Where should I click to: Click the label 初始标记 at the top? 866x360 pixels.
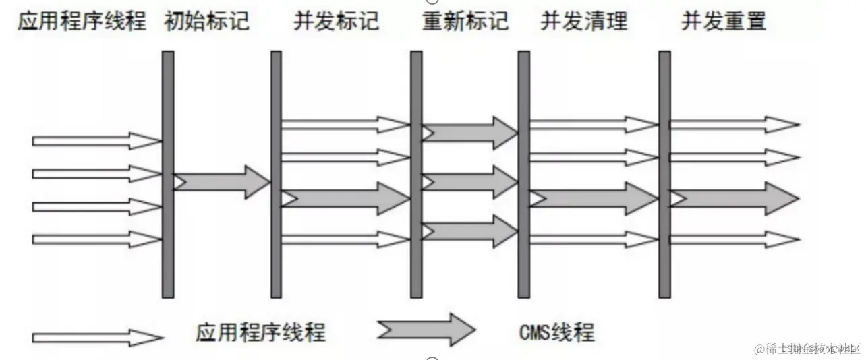(206, 22)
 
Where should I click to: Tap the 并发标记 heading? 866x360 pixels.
(335, 22)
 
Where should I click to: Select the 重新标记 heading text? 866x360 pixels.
(465, 22)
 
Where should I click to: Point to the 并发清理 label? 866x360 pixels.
(583, 22)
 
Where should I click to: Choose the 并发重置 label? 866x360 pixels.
(724, 22)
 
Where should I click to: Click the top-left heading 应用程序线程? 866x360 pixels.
(82, 22)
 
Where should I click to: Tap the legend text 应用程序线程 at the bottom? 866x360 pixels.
(260, 332)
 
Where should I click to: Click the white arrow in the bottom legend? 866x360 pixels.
(97, 337)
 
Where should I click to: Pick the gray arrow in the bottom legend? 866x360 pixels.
(426, 330)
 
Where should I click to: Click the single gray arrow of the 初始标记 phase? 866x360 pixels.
(222, 182)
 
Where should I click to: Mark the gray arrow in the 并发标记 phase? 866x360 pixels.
(345, 198)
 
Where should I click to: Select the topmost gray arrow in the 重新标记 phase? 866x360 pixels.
(469, 133)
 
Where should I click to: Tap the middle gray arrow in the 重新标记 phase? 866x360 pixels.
(469, 182)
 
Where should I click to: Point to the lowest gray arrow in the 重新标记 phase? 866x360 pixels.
(469, 231)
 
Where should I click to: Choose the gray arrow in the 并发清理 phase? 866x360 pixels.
(594, 198)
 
